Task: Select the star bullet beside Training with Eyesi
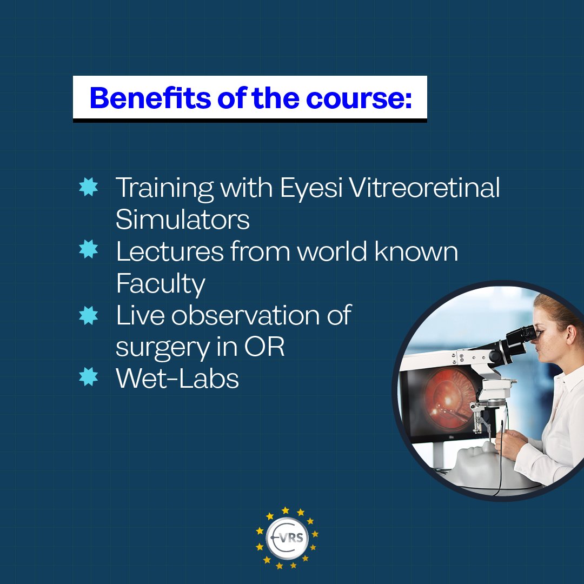coord(88,188)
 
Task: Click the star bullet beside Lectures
coord(88,250)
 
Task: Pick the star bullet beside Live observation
coord(88,314)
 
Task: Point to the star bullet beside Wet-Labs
coord(88,377)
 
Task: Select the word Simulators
coord(183,220)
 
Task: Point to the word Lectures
coord(169,251)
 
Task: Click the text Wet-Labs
coord(177,379)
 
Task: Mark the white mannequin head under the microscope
coord(476,462)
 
